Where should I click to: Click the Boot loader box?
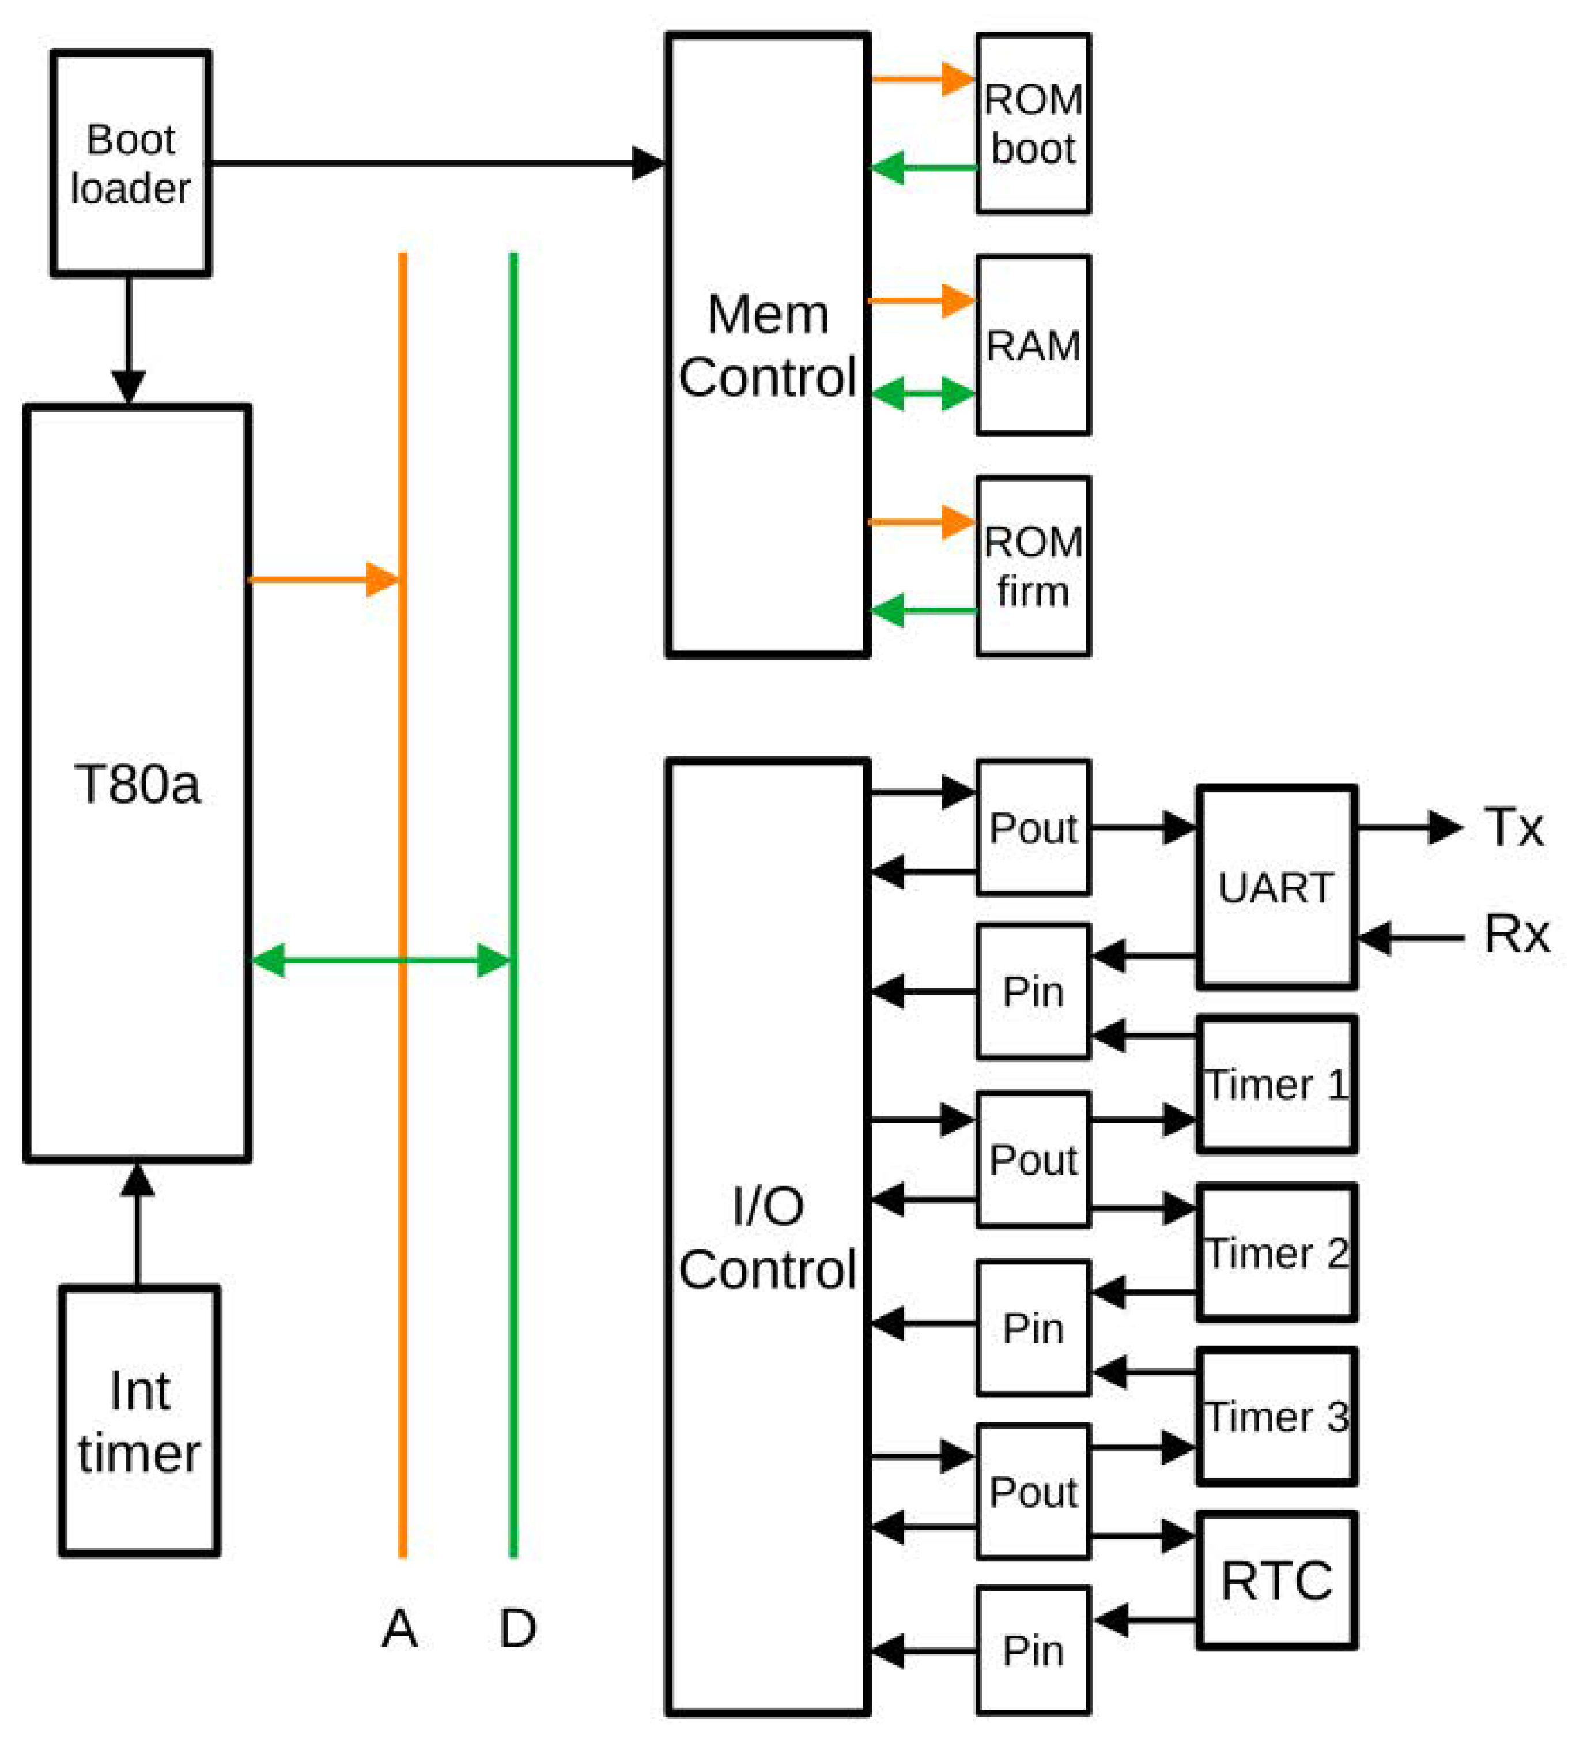[x=130, y=163]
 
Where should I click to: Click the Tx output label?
[x=1513, y=827]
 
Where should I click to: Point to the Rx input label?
[x=1516, y=934]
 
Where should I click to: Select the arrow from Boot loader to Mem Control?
[x=431, y=163]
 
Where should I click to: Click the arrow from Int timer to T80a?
[x=137, y=1225]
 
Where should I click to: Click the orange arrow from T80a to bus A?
[x=323, y=579]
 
